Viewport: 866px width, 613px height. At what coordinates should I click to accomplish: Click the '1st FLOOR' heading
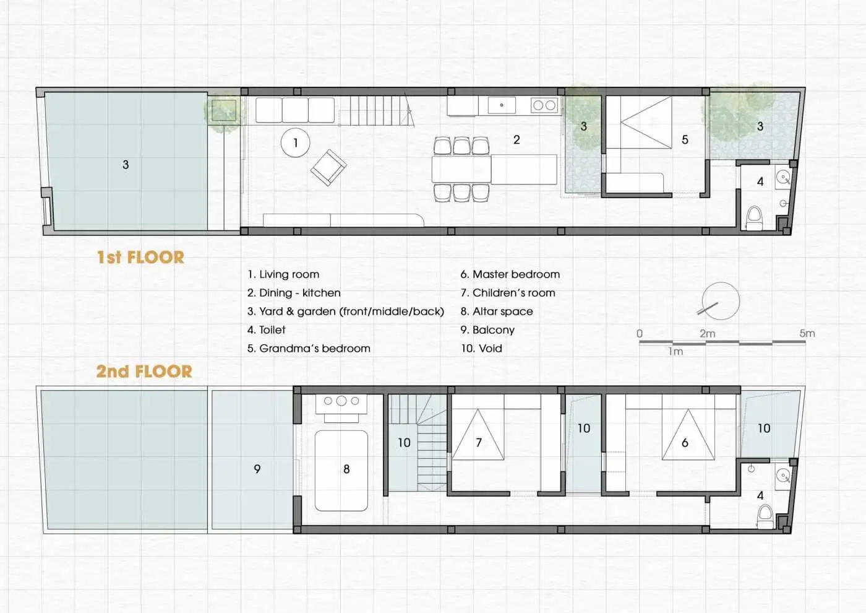141,258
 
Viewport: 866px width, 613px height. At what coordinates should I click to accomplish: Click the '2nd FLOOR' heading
144,371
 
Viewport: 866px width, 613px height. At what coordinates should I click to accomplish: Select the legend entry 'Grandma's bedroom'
309,348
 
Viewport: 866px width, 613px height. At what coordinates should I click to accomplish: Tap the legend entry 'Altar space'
497,311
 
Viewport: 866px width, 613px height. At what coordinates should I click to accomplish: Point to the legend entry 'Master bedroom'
510,274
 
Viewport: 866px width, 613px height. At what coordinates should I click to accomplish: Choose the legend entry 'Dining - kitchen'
294,293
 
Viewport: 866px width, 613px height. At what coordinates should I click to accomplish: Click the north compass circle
721,301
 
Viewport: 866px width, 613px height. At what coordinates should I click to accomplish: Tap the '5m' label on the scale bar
807,333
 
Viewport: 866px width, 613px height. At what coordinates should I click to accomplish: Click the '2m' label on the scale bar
708,333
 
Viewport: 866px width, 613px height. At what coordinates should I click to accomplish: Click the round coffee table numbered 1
296,142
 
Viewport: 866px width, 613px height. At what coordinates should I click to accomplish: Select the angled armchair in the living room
328,167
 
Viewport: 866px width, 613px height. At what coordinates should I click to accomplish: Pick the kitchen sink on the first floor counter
502,105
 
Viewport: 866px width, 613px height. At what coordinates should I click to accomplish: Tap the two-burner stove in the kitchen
544,105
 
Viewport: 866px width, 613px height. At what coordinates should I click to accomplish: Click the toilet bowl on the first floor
753,218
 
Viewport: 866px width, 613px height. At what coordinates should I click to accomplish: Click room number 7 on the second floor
479,442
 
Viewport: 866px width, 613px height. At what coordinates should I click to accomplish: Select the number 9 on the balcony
257,469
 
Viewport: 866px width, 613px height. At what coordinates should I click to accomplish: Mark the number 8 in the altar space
346,469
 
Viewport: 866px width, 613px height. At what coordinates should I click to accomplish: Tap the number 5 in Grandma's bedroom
685,140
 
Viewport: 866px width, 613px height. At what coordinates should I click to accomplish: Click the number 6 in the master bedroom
685,443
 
